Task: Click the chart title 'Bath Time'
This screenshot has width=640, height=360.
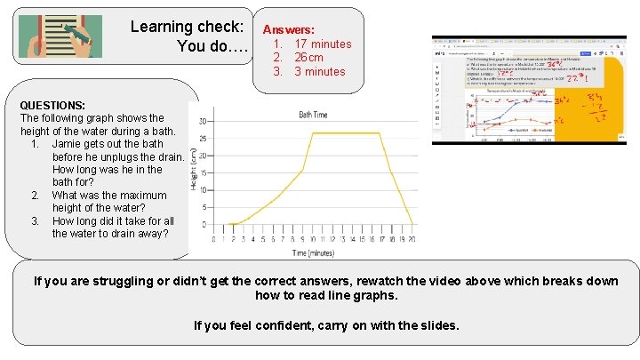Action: coord(312,115)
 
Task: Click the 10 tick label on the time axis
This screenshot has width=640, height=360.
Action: coord(314,239)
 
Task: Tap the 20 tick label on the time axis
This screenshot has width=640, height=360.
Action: coord(413,239)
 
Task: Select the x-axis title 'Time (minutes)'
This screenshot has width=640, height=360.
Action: coord(313,253)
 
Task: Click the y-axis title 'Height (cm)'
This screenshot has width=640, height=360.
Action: coord(194,169)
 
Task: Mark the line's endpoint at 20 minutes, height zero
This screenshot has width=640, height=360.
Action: coord(413,224)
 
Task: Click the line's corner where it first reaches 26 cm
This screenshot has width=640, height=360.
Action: coord(314,133)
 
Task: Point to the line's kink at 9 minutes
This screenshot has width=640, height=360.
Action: coord(303,169)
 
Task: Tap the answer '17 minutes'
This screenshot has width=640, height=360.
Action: coord(323,44)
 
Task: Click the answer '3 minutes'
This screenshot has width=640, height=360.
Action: coord(319,71)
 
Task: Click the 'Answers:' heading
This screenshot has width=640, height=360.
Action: coord(288,29)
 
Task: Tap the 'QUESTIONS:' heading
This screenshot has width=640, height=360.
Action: coord(52,105)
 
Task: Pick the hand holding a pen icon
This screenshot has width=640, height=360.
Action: coord(60,36)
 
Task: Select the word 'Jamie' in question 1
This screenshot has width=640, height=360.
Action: coord(68,143)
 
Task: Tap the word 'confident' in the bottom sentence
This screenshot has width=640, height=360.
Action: coord(275,325)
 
